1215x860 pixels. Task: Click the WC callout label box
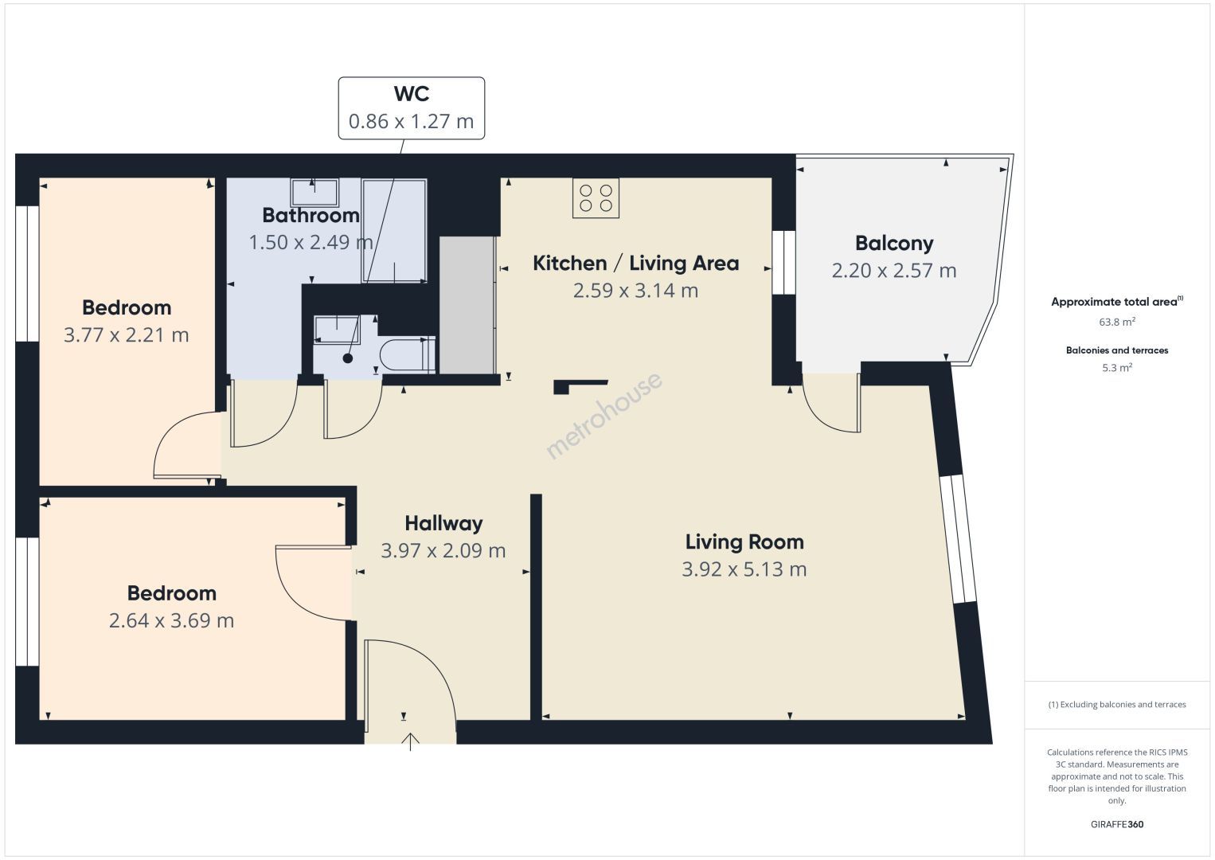coord(411,108)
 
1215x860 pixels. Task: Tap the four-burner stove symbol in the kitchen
coord(596,198)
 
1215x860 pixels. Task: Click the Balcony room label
coord(894,243)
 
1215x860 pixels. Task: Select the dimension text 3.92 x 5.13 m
coord(744,569)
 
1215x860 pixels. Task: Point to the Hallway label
coord(443,523)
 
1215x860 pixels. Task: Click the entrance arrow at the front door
coord(411,741)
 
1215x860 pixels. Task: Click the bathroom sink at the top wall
coord(314,193)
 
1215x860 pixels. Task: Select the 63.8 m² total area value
coord(1117,322)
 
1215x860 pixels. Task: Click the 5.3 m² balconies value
coord(1117,368)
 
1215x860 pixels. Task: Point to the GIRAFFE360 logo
coord(1117,824)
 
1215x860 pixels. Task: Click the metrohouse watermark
coord(604,416)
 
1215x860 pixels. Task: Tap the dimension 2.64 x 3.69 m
coord(171,621)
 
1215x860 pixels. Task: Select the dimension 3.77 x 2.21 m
coord(127,334)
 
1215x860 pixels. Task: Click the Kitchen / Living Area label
coord(635,263)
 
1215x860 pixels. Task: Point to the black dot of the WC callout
coord(348,358)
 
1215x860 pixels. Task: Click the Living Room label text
coord(744,542)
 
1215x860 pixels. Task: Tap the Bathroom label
coord(311,216)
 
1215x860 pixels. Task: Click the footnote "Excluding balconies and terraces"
coord(1123,704)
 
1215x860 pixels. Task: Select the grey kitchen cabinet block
coord(467,305)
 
